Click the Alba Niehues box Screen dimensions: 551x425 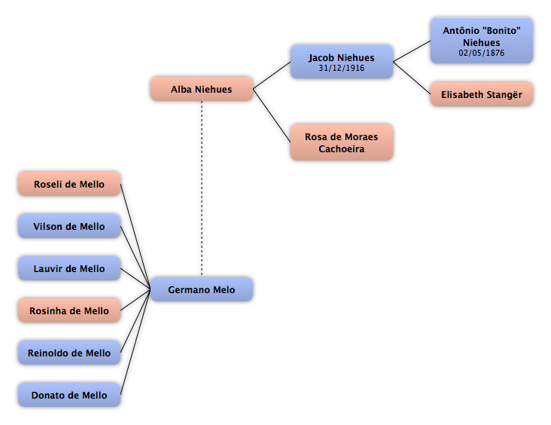coord(202,89)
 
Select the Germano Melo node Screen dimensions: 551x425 coord(202,289)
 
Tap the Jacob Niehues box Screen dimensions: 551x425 coord(342,62)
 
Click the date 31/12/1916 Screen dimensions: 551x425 coord(342,68)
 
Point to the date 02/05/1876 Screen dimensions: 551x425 coord(482,53)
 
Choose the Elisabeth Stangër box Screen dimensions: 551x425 coord(482,94)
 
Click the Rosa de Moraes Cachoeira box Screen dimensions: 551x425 coord(342,142)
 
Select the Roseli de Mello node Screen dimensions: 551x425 coord(69,184)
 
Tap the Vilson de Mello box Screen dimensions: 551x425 coord(69,226)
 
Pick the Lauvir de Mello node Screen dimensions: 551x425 coord(69,268)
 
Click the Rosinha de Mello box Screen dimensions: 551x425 coord(69,310)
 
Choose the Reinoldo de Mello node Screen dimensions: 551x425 coord(69,353)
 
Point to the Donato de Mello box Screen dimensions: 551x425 coord(69,395)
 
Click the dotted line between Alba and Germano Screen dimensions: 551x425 coord(202,188)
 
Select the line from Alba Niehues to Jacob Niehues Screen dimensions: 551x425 coord(272,75)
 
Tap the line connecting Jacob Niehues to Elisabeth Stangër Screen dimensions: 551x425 coord(412,78)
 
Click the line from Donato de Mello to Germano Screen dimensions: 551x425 coord(135,342)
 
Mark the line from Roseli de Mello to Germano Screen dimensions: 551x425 coord(135,237)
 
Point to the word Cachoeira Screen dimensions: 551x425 coord(342,148)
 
